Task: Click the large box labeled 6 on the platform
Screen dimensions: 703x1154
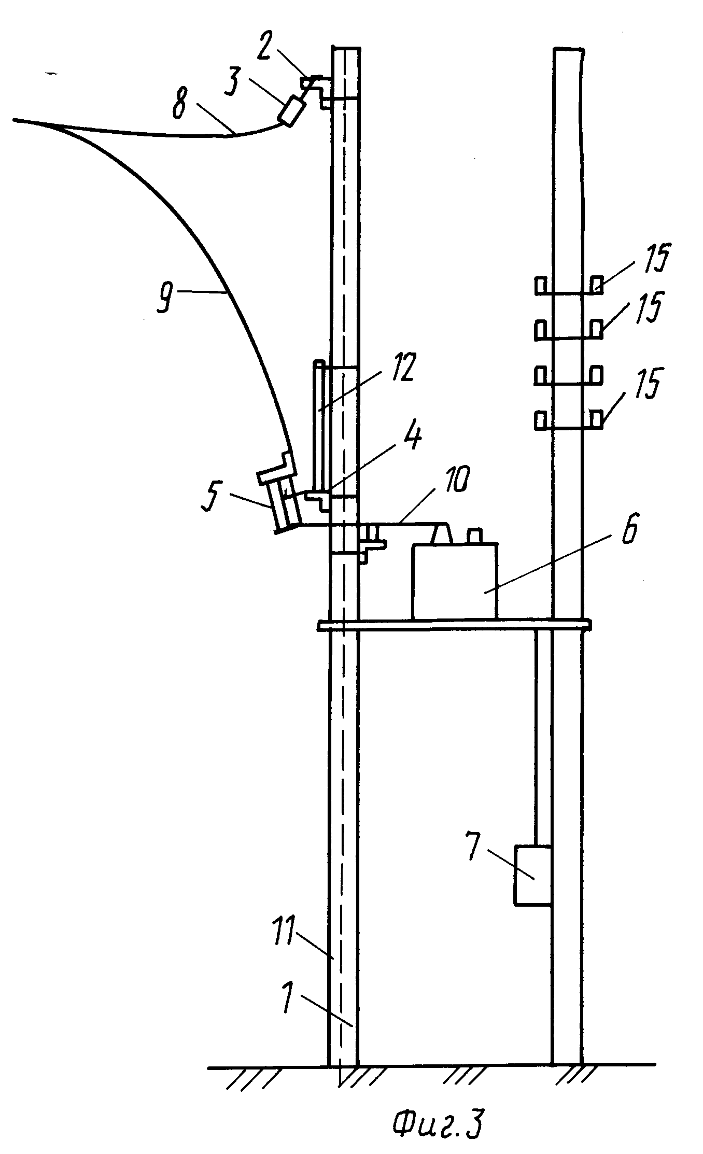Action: [454, 581]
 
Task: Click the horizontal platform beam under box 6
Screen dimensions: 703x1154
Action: [454, 626]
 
